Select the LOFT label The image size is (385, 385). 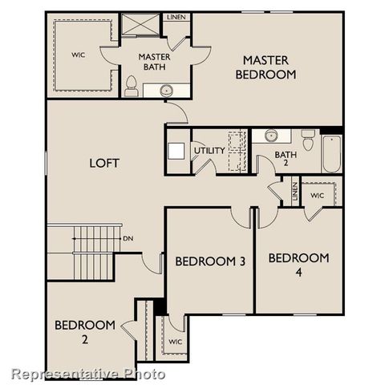point(104,163)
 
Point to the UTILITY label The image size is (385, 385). point(209,150)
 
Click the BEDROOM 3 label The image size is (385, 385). point(209,261)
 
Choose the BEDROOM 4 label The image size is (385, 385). point(298,264)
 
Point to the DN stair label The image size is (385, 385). point(128,238)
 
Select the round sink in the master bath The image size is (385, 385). point(168,90)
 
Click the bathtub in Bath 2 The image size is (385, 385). point(332,153)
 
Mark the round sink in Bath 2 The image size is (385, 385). point(271,136)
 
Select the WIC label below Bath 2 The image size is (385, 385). point(318,196)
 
